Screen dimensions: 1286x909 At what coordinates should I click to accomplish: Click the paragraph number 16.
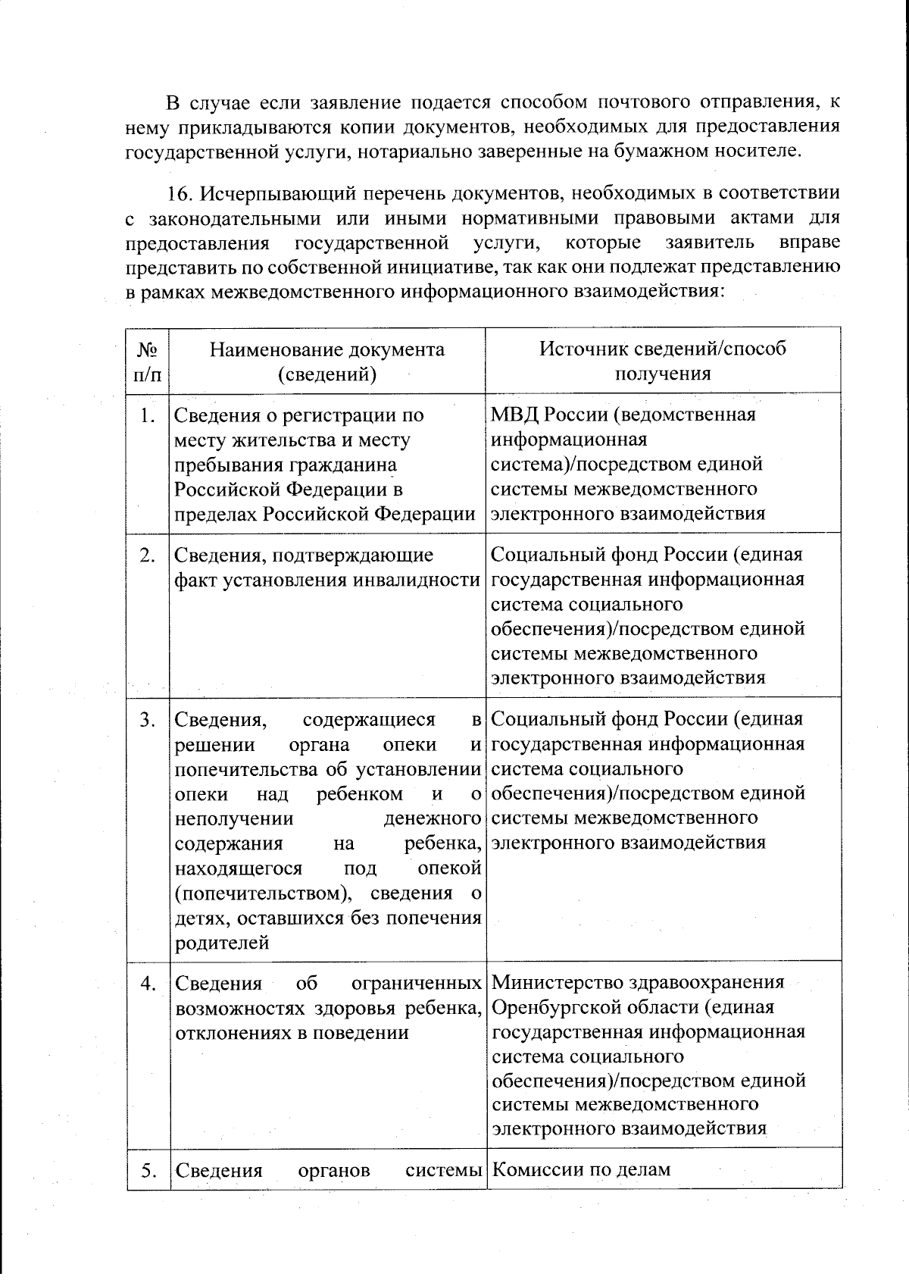click(x=180, y=193)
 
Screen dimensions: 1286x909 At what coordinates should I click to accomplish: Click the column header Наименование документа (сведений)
click(x=326, y=361)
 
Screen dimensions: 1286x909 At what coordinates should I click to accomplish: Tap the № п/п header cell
click(x=148, y=361)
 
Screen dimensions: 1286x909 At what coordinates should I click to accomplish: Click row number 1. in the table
click(x=148, y=415)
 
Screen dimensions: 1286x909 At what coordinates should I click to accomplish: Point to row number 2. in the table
click(x=148, y=555)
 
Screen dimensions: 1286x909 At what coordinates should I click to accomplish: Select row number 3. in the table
click(x=148, y=720)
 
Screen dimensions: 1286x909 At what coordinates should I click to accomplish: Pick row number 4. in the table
click(x=148, y=984)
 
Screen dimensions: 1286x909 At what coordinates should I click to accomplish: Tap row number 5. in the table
click(x=148, y=1170)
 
